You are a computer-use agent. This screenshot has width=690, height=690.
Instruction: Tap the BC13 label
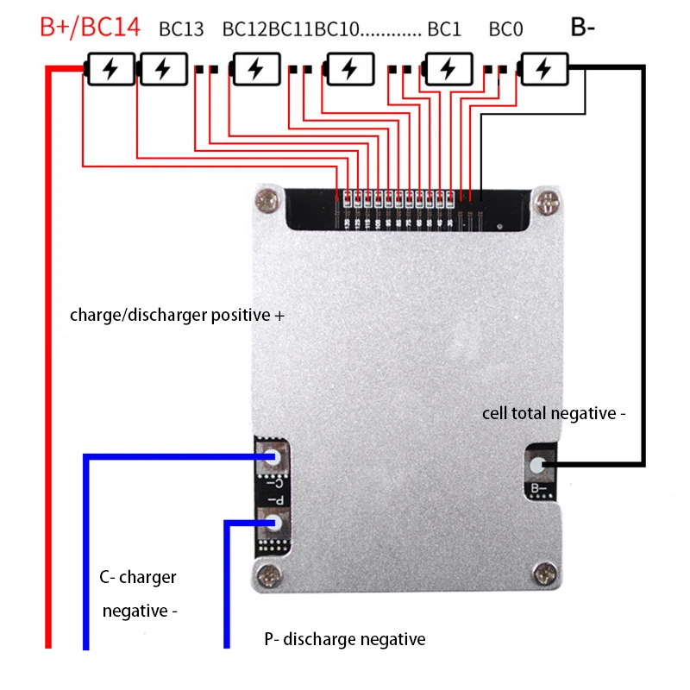click(181, 28)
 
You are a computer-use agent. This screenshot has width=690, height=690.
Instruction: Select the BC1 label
click(444, 28)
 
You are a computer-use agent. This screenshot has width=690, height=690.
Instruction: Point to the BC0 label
click(505, 28)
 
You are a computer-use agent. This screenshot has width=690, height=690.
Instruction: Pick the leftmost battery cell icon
click(111, 69)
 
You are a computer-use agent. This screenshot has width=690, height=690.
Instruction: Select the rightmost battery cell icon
click(543, 69)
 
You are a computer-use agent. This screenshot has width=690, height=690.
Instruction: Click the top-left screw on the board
click(266, 202)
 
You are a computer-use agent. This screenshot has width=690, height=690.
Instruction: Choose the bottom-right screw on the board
click(545, 570)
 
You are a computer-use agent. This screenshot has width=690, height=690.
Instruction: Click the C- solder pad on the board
click(273, 457)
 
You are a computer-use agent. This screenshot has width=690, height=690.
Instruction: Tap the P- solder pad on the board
click(273, 522)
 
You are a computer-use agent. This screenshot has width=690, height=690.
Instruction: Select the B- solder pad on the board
click(538, 466)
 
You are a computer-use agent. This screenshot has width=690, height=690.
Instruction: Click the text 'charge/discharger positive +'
click(177, 316)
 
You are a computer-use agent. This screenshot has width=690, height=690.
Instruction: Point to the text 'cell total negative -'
click(554, 414)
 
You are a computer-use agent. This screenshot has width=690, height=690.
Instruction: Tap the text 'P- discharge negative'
click(345, 639)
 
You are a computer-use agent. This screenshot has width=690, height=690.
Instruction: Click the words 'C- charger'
click(138, 577)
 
